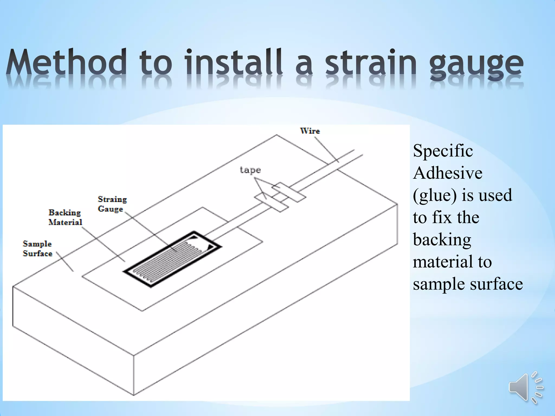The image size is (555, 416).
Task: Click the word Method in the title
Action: click(66, 62)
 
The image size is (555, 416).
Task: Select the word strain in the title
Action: click(370, 62)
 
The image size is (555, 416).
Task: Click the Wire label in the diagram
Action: click(310, 131)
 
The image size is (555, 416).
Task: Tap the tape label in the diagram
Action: click(250, 170)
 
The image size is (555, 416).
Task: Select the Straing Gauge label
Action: click(112, 204)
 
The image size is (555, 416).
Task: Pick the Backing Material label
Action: click(65, 217)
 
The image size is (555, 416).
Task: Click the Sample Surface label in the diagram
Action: click(37, 249)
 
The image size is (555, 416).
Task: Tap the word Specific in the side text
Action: click(443, 151)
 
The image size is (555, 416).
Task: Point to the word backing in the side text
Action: click(442, 240)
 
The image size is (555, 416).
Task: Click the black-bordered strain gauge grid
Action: click(172, 259)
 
